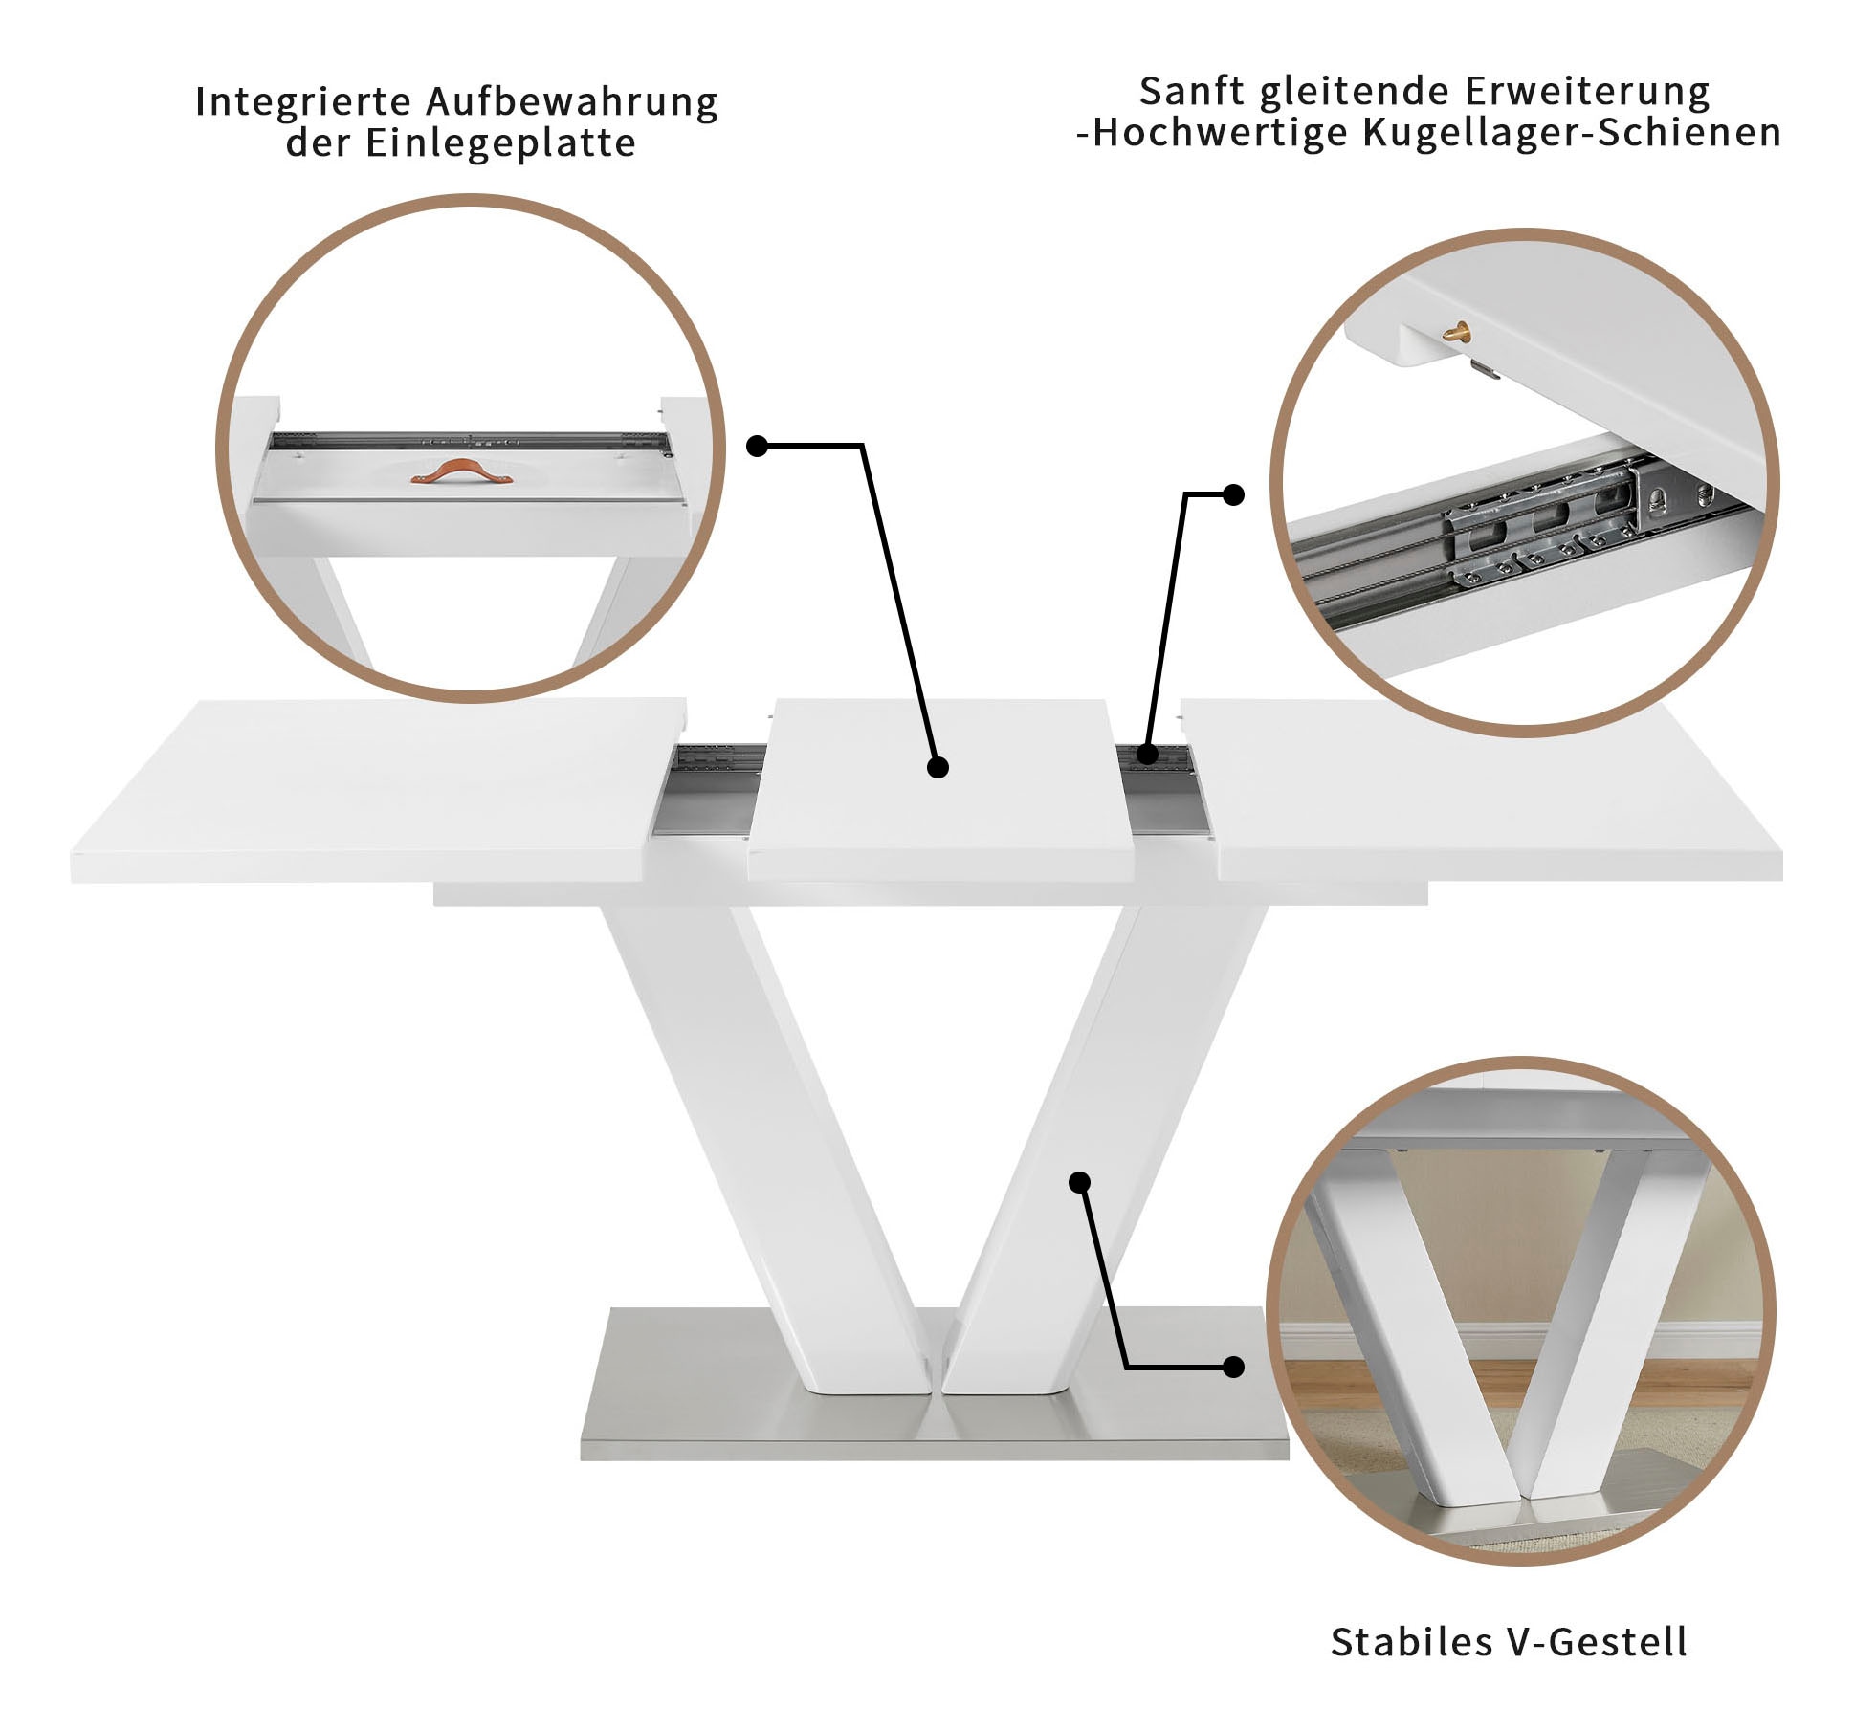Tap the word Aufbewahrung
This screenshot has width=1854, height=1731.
point(572,102)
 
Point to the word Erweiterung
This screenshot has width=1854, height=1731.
point(1586,92)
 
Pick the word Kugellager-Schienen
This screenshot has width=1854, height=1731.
point(1571,133)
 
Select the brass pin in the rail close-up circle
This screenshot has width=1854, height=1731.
point(1457,331)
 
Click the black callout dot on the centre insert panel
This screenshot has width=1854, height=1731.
point(938,767)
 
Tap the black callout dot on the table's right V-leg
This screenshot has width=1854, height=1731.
point(1079,1182)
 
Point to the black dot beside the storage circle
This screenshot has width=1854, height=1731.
point(757,446)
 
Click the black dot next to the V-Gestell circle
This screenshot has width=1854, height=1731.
point(1234,1368)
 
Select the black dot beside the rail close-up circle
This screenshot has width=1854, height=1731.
point(1234,494)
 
